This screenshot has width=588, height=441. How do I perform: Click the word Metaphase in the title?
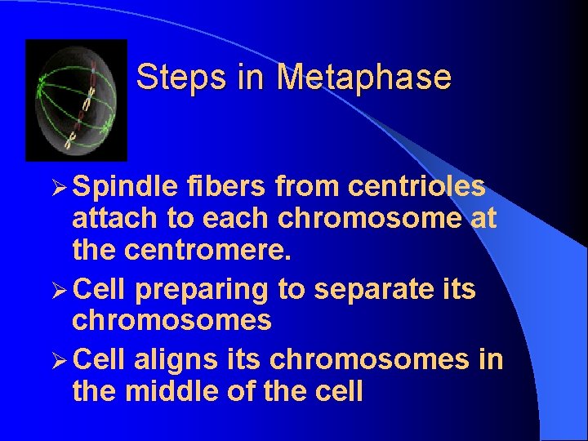click(x=363, y=78)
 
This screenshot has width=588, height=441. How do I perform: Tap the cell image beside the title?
click(x=77, y=100)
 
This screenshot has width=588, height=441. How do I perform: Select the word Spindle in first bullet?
click(x=125, y=187)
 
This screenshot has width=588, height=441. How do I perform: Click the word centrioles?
click(x=416, y=187)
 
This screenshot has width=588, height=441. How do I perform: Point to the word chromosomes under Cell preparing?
click(x=171, y=321)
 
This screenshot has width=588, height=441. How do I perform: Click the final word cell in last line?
click(x=332, y=392)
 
